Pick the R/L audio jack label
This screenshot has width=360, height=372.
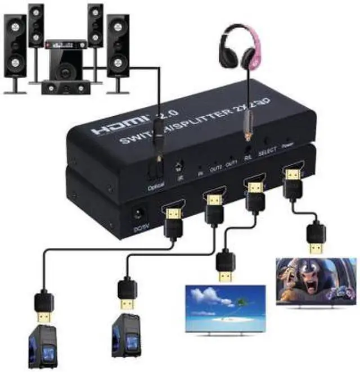(247, 158)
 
